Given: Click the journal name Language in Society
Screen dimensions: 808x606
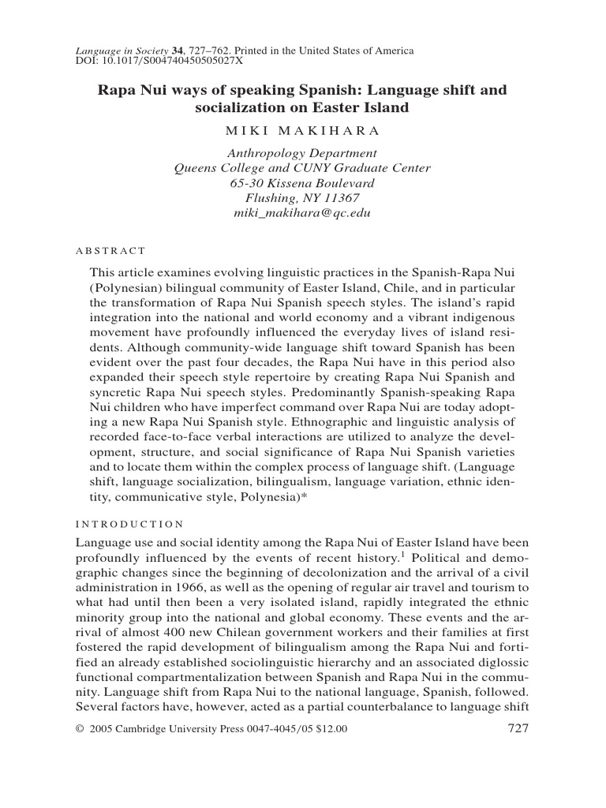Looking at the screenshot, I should coord(117,51).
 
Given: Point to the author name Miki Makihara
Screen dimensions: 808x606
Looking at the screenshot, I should coord(302,129).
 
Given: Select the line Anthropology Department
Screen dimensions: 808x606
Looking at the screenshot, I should coord(302,152).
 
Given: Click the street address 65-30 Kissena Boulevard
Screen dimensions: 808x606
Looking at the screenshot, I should coord(302,182).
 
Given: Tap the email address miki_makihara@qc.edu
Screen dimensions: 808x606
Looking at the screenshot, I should coord(302,213).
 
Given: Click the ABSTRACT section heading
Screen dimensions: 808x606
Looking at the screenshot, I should coord(110,251).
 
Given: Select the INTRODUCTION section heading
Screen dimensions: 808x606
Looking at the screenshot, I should coord(129,523).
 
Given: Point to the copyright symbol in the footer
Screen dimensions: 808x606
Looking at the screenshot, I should coord(79,729).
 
